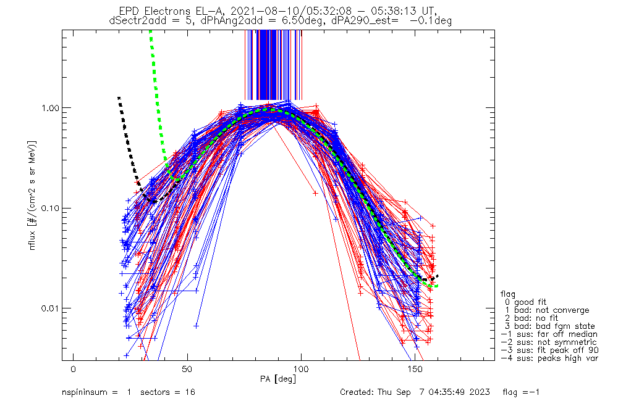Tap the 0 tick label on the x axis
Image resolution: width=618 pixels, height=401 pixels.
pos(74,368)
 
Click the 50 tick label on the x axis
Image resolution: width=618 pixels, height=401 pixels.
pos(187,368)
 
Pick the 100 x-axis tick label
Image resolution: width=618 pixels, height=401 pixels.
pos(301,368)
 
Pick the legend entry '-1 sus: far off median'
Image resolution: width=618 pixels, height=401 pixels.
pos(549,334)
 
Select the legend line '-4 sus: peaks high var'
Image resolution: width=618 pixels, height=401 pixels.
pos(549,358)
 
